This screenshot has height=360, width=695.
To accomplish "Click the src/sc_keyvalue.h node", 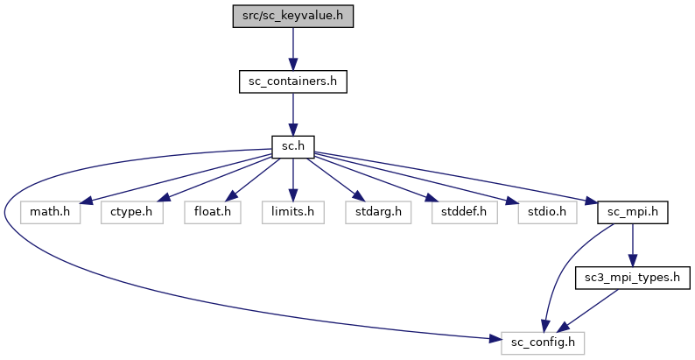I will (292, 16).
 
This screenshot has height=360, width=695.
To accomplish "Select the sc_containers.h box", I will (292, 81).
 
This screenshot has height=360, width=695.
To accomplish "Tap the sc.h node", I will (292, 146).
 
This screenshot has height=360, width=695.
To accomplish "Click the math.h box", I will (50, 212).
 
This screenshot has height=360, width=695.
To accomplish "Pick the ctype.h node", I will (131, 212).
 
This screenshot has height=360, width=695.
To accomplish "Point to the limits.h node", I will (292, 212).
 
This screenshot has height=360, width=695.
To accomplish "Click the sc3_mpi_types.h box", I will (632, 278).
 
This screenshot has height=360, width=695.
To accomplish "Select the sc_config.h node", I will (543, 342).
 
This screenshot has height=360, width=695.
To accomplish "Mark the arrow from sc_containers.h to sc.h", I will (292, 114).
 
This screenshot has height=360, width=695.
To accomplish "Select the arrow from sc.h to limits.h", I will (292, 180).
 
